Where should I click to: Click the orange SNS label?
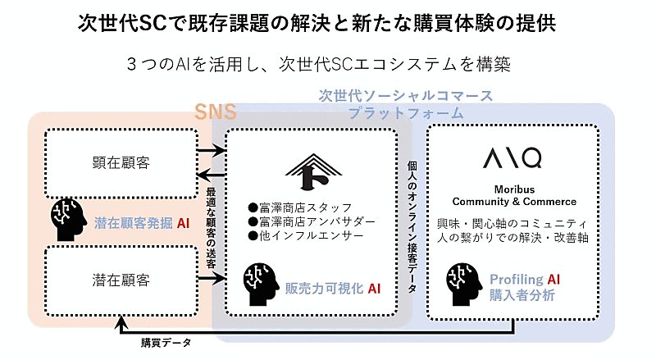215,112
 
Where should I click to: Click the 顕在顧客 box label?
121,161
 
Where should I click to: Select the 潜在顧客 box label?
121,280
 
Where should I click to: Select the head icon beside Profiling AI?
463,284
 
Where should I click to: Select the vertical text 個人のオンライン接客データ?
412,226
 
